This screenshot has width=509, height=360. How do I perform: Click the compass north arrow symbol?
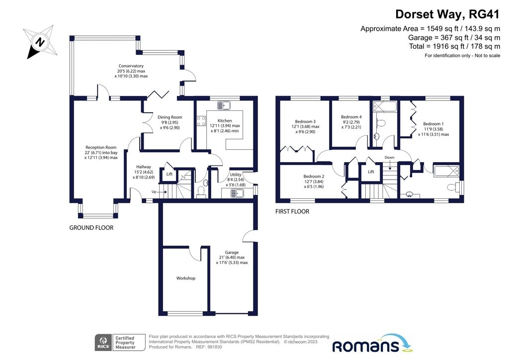point(39,42)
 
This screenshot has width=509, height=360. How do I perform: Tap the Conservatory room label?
point(131,66)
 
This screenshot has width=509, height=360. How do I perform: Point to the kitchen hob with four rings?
point(202,121)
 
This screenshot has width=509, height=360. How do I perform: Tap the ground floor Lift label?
point(170,174)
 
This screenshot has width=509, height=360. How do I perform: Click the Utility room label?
point(235,175)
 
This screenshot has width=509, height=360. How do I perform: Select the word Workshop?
point(186,278)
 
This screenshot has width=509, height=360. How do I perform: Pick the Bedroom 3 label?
point(305,122)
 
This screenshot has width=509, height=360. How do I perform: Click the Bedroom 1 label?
point(433,124)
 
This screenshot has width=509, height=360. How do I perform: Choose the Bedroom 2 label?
point(314,177)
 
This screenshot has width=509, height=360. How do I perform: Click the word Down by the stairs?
point(390,158)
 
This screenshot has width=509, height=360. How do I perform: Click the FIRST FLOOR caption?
point(292,211)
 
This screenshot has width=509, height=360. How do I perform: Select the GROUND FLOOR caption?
point(91,228)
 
